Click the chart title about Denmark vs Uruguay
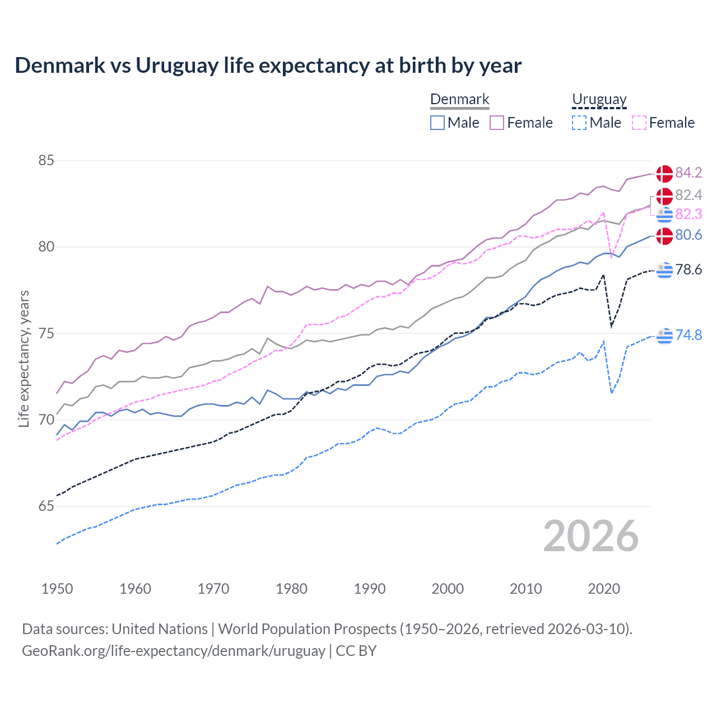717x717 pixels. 268,66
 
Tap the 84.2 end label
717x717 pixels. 688,173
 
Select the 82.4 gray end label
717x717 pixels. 688,195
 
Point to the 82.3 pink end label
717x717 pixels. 688,214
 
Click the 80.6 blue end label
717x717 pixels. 688,235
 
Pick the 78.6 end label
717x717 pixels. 688,269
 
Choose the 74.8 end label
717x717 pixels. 688,335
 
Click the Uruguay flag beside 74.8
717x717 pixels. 664,336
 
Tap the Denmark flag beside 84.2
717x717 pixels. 664,174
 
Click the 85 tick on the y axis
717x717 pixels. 46,160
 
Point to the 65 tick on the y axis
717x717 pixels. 46,506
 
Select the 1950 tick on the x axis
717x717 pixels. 57,589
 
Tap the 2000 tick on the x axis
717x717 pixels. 448,589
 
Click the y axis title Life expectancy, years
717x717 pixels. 24,358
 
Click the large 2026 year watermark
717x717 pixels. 590,536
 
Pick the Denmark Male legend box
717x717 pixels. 437,123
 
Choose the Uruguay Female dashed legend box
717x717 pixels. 639,123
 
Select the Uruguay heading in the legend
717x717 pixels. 599,99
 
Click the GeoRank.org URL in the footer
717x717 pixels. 174,651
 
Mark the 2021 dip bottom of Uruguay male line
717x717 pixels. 612,393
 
